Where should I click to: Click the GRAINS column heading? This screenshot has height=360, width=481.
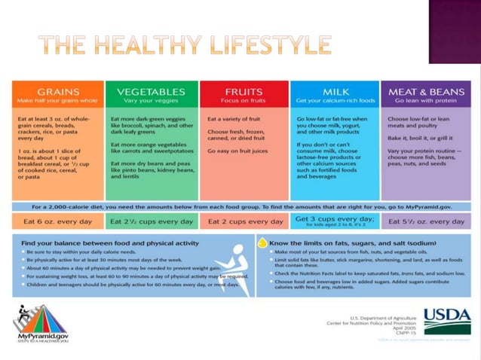(58, 91)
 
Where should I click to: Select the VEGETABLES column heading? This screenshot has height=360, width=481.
(151, 91)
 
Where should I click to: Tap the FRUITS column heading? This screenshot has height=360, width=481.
(244, 91)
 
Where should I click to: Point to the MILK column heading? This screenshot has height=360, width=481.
(335, 91)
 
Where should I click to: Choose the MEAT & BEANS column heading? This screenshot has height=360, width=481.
(427, 91)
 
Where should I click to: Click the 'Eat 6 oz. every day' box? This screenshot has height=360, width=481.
(58, 221)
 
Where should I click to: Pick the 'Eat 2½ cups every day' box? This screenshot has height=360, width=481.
(151, 221)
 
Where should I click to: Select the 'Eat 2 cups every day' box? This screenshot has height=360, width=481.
(244, 221)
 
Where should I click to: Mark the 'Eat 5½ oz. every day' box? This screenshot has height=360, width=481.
(427, 221)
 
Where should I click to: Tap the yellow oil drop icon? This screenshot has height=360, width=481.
(262, 243)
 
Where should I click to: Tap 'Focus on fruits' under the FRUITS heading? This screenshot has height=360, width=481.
(244, 100)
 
